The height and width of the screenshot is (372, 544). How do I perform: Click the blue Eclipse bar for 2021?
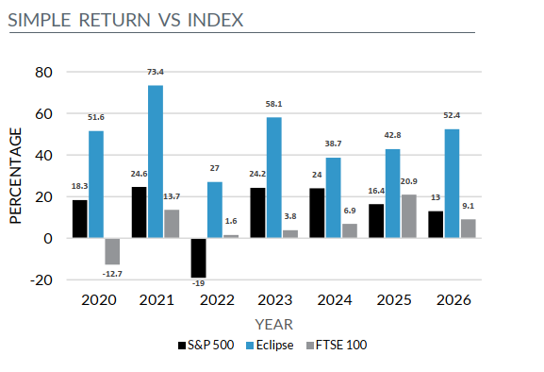pos(156,161)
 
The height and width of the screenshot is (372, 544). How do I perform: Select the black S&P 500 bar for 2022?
pos(198,258)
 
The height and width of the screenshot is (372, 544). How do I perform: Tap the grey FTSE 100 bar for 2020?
pos(112,251)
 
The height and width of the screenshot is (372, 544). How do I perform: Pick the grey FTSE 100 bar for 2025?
pos(409,216)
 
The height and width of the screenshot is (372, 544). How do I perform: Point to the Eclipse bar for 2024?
pos(334,198)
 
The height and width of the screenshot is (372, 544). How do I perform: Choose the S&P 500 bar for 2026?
pos(436,225)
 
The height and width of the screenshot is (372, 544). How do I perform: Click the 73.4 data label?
pos(155,72)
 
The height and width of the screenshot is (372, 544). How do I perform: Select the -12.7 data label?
pos(112,274)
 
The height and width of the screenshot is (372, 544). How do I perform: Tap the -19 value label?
pos(198,283)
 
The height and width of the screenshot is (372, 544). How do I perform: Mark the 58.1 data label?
pos(273,104)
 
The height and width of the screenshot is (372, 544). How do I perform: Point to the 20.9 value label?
pos(408,181)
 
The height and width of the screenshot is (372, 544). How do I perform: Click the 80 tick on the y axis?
pos(43,73)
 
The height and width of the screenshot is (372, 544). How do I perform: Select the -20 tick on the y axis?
pos(41,280)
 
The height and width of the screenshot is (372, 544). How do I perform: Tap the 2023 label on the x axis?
pos(275,300)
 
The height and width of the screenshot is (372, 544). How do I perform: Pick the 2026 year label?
pos(453,300)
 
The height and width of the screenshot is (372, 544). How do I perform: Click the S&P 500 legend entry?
pos(206,346)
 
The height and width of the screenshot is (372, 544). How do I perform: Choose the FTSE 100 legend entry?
pos(337,346)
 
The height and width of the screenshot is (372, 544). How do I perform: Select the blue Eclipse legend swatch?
pos(250,346)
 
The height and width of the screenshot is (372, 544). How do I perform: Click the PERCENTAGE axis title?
pos(16,176)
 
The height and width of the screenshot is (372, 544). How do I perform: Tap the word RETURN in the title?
pos(115,20)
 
